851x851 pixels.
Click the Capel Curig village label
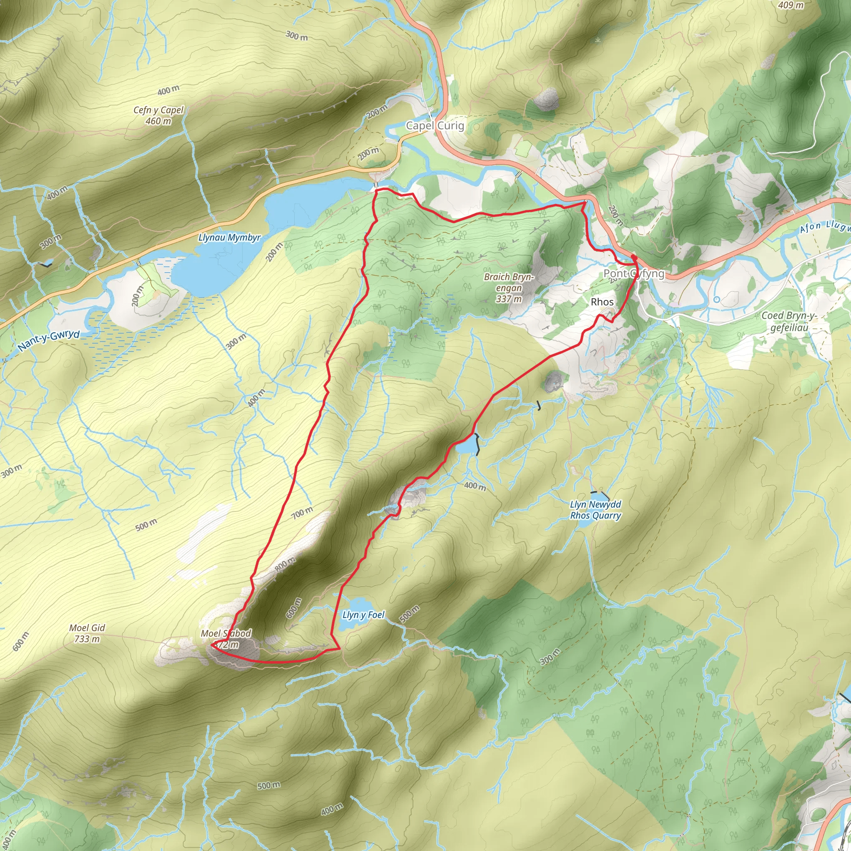click(x=435, y=125)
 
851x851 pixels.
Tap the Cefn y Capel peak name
click(x=159, y=110)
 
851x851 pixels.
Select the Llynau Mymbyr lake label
click(x=229, y=237)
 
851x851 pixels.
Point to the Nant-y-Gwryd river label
click(x=49, y=340)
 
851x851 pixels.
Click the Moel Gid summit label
click(x=87, y=628)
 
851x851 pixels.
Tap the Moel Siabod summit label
click(x=226, y=633)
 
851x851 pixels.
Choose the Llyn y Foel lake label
click(x=364, y=615)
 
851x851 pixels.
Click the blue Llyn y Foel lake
click(x=359, y=605)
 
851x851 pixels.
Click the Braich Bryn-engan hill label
click(x=509, y=282)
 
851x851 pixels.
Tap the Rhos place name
click(x=602, y=302)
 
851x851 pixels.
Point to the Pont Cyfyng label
click(x=634, y=273)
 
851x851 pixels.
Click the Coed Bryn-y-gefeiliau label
click(x=789, y=322)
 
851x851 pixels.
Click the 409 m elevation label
click(x=791, y=5)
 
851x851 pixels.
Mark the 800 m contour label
click(x=285, y=564)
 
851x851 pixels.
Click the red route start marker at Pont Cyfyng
click(x=633, y=257)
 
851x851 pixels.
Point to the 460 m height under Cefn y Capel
click(x=159, y=121)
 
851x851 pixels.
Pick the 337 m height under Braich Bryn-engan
click(x=509, y=299)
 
